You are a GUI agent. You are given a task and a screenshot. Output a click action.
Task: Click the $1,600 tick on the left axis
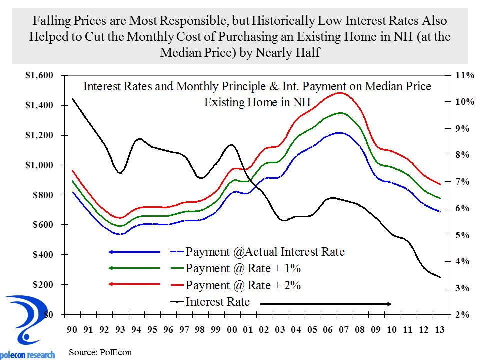click(x=39, y=76)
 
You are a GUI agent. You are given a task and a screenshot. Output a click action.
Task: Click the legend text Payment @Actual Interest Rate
click(x=265, y=251)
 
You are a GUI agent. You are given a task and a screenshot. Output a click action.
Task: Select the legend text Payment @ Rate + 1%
click(x=243, y=268)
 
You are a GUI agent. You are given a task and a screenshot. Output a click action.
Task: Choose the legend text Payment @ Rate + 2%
click(x=243, y=285)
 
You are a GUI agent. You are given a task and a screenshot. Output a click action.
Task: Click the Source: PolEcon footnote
click(x=100, y=352)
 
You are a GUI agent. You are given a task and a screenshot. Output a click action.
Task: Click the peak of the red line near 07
click(x=340, y=93)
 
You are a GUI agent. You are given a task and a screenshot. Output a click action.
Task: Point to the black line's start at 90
click(x=72, y=98)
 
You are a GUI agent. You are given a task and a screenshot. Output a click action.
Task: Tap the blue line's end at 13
click(x=440, y=211)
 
